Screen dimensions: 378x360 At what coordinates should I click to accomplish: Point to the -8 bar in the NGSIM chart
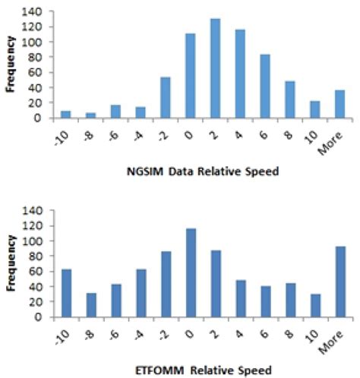coord(91,115)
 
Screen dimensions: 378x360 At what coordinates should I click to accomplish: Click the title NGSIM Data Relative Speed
coord(203,172)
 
